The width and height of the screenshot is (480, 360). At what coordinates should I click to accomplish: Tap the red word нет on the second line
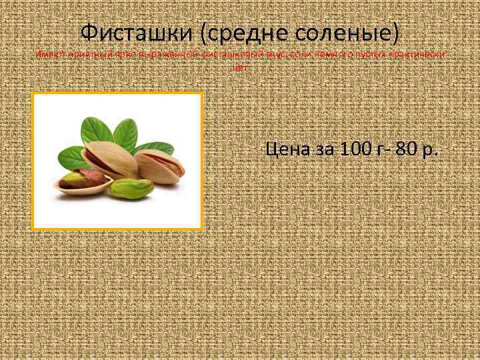click(x=240, y=67)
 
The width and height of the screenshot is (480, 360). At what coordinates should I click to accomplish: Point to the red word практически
click(x=421, y=55)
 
